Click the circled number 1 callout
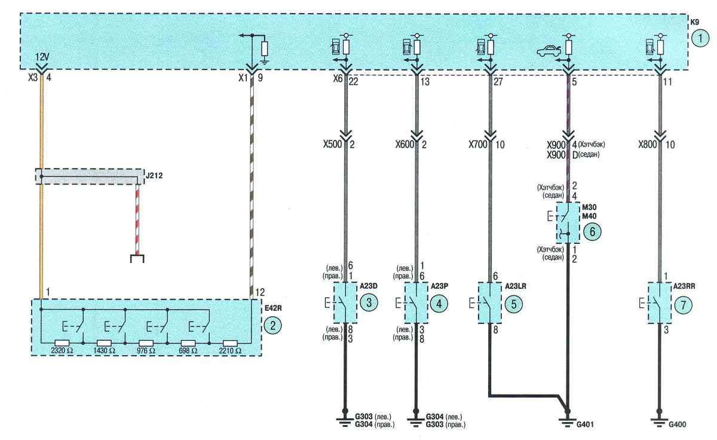tap(700, 38)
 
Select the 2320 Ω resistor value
tap(62, 351)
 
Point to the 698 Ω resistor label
tap(188, 351)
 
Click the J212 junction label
tap(154, 176)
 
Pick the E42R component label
tap(273, 308)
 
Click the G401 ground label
tap(585, 424)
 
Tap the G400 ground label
tap(678, 424)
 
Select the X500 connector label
tap(333, 145)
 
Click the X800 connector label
tap(648, 145)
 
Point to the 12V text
tap(42, 57)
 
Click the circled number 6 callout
tap(592, 231)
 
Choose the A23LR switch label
tap(515, 286)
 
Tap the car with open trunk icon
tap(549, 51)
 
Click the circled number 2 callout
tap(272, 326)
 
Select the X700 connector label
tap(478, 145)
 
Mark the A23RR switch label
tap(684, 286)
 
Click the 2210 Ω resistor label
tap(230, 351)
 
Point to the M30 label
tap(589, 207)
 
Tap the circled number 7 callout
tap(683, 305)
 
